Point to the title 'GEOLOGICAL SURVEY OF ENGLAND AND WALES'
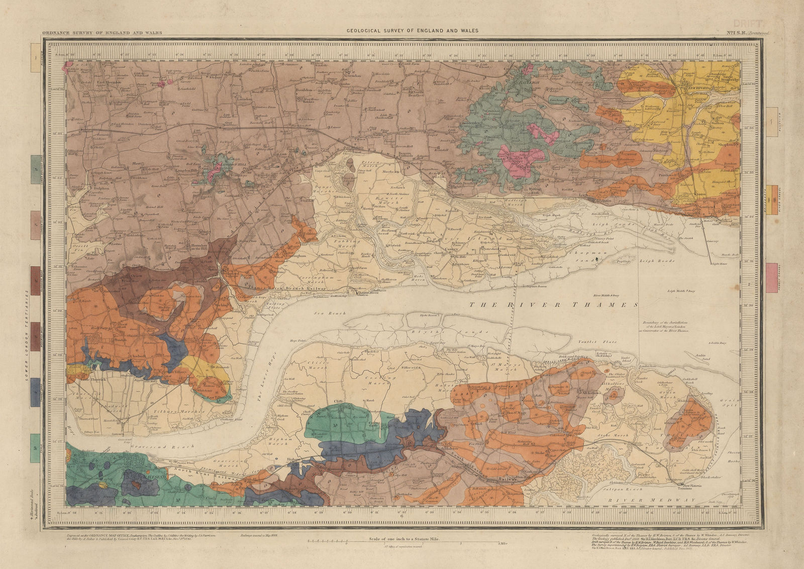[412, 31]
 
